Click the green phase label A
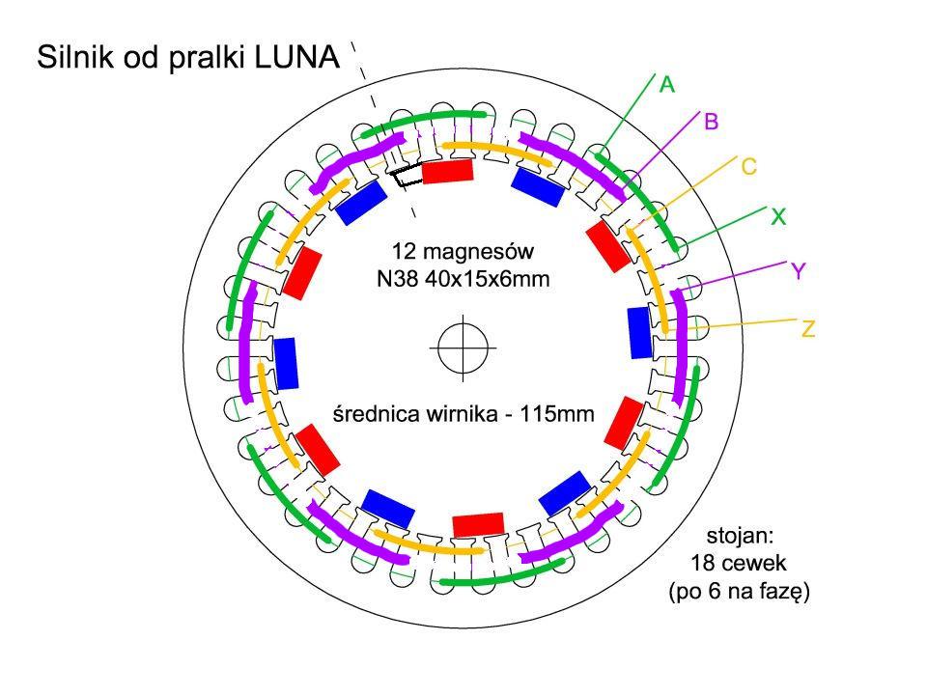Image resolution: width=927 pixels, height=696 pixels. pyautogui.click(x=666, y=85)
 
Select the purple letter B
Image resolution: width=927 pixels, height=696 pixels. pyautogui.click(x=711, y=123)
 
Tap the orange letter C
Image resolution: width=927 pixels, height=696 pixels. pyautogui.click(x=748, y=167)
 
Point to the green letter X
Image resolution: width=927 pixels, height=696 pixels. pyautogui.click(x=777, y=218)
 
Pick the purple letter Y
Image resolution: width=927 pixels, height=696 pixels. pyautogui.click(x=799, y=272)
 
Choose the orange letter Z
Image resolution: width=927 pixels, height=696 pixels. pyautogui.click(x=808, y=330)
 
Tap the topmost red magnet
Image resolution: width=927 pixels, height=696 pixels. pyautogui.click(x=448, y=172)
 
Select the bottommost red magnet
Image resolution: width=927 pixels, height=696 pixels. pyautogui.click(x=478, y=524)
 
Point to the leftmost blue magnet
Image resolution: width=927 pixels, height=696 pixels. pyautogui.click(x=286, y=363)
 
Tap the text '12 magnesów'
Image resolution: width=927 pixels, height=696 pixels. pyautogui.click(x=463, y=252)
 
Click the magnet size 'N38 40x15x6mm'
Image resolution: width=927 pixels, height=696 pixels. pyautogui.click(x=463, y=280)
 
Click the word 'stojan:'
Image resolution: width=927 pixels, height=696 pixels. pyautogui.click(x=739, y=533)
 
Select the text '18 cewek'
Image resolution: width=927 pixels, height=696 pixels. pyautogui.click(x=739, y=563)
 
